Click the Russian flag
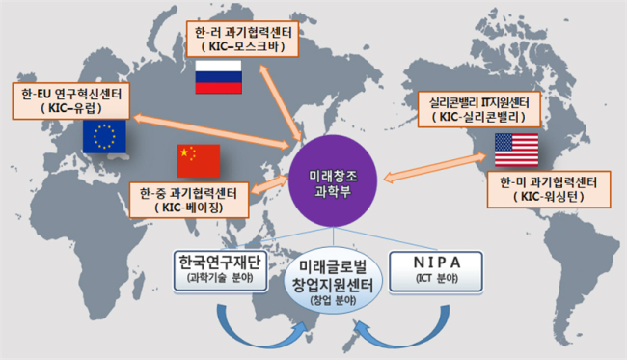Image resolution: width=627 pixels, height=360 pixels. click(218, 77)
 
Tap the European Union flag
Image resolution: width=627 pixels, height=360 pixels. click(104, 136)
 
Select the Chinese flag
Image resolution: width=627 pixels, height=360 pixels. click(199, 161)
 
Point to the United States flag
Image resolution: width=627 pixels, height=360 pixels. click(517, 150)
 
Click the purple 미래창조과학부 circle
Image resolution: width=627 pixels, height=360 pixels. click(333, 181)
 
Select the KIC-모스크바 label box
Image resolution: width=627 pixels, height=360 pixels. click(242, 40)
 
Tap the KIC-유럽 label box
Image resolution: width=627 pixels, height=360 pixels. click(71, 101)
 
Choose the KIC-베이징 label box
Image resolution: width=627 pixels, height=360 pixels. click(189, 200)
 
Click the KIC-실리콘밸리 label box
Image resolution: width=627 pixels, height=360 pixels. click(479, 109)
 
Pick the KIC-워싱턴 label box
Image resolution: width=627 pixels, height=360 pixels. click(549, 189)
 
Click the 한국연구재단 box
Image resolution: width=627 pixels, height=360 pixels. click(220, 270)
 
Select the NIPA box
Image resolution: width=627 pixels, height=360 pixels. click(436, 271)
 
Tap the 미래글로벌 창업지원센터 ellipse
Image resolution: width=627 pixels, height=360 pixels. click(333, 280)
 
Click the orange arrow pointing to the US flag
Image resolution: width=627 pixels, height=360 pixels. click(435, 167)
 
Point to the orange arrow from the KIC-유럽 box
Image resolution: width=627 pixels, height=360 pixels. click(212, 131)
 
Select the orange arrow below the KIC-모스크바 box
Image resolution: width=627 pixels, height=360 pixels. click(281, 102)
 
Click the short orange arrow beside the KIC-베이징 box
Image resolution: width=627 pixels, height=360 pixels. click(269, 184)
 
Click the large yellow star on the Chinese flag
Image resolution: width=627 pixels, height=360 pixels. click(184, 152)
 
